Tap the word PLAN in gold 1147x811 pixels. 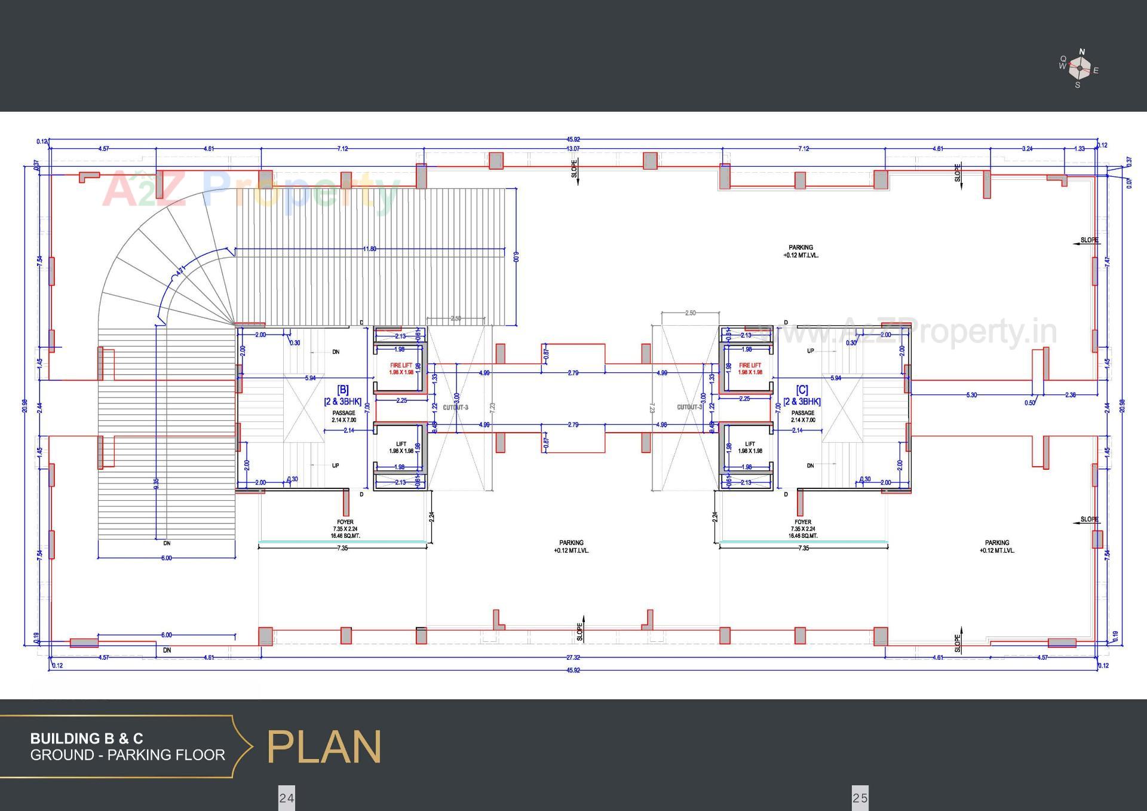[x=324, y=747]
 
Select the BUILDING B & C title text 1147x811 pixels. [x=87, y=739]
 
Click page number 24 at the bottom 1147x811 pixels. [x=287, y=798]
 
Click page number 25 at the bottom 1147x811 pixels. [x=860, y=798]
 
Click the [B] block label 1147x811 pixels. [x=343, y=390]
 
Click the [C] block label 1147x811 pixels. [x=802, y=390]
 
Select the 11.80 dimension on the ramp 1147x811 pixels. [x=370, y=249]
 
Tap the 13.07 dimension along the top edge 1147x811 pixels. [x=573, y=149]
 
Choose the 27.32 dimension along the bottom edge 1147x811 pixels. [x=573, y=657]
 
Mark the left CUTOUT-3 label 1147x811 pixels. [x=455, y=408]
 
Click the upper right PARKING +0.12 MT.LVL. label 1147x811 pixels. [x=801, y=251]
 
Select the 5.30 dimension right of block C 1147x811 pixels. [x=971, y=395]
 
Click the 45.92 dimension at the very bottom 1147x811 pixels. [x=573, y=671]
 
